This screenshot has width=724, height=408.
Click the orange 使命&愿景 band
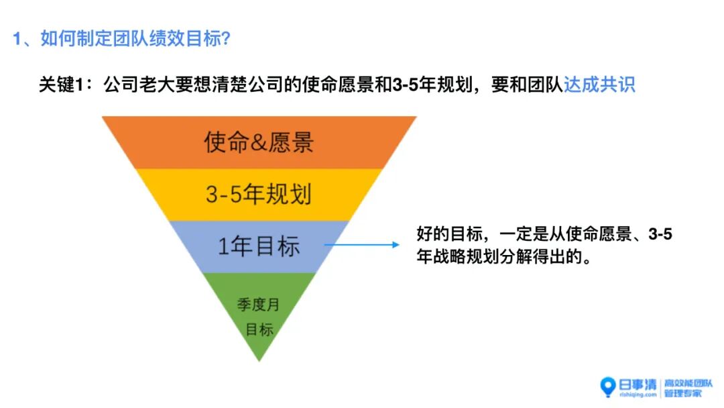click(x=259, y=142)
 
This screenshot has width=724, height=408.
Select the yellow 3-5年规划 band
click(x=259, y=195)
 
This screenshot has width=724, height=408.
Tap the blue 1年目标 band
click(x=259, y=246)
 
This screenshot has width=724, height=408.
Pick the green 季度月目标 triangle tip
click(x=259, y=315)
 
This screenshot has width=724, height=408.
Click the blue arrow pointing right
click(x=365, y=244)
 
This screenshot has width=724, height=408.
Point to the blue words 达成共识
click(x=599, y=86)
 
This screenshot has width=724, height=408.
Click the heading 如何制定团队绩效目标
click(x=130, y=38)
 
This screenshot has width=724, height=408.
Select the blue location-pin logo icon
click(x=608, y=387)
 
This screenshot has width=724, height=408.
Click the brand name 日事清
click(x=637, y=384)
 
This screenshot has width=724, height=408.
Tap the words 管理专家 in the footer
click(x=682, y=393)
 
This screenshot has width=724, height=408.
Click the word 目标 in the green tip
click(x=259, y=329)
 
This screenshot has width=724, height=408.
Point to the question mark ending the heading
click(x=225, y=38)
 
